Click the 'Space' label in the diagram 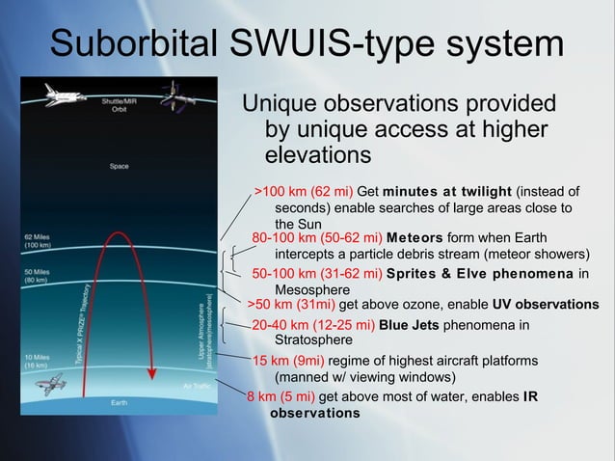[x=119, y=166]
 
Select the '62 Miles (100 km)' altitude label [x=40, y=241]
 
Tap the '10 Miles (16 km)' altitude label [x=40, y=362]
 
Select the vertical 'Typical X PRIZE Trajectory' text [x=86, y=323]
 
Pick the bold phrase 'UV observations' [x=546, y=304]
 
